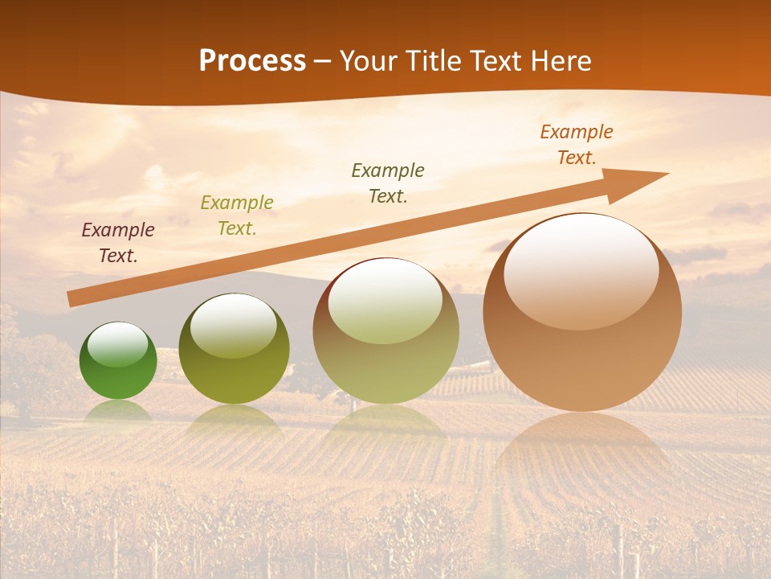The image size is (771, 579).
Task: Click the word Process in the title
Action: pyautogui.click(x=252, y=61)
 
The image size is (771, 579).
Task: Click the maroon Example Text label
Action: pyautogui.click(x=118, y=243)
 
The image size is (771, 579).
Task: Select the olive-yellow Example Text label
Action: pyautogui.click(x=237, y=216)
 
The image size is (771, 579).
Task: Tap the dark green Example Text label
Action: pyautogui.click(x=388, y=183)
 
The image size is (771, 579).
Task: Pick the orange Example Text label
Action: pyautogui.click(x=577, y=145)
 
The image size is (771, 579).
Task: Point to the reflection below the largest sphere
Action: pyautogui.click(x=582, y=450)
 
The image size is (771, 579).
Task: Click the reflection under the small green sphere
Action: pyautogui.click(x=118, y=411)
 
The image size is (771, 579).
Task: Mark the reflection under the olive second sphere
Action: pyautogui.click(x=234, y=420)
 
